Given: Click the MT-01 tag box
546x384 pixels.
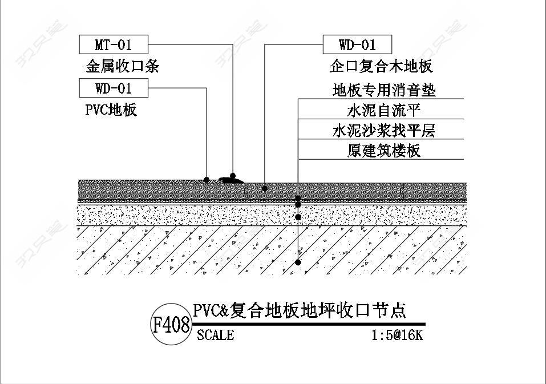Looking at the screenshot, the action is [114, 44].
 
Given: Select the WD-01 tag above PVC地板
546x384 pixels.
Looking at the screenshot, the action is [114, 88].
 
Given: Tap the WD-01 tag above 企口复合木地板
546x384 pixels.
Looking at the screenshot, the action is [357, 44].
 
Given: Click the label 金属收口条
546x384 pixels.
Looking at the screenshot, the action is [122, 66].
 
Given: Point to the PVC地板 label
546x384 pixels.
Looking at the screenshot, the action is [111, 110].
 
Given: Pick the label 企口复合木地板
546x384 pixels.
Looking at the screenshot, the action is [381, 66].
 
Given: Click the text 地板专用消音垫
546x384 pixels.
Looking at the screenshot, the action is [384, 90].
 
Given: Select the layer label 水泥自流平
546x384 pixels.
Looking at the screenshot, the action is [384, 110].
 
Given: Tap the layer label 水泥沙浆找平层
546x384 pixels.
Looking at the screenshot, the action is [384, 131].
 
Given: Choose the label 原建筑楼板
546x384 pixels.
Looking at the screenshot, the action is [384, 151].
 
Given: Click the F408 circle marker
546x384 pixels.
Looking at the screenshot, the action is [171, 325].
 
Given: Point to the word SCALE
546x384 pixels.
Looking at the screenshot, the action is [215, 335].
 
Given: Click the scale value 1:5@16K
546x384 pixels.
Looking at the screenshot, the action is [397, 335].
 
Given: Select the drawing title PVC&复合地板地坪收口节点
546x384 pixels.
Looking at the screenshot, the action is [300, 310].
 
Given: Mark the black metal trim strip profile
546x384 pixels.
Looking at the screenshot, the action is [231, 180].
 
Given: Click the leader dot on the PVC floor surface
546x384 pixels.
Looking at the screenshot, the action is [206, 180].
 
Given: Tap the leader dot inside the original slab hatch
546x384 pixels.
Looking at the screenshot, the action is [298, 262].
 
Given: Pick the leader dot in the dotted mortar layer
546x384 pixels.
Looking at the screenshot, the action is [298, 217].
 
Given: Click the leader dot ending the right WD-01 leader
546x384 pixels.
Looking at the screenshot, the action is [265, 188].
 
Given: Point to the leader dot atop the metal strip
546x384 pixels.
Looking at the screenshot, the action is [233, 176].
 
